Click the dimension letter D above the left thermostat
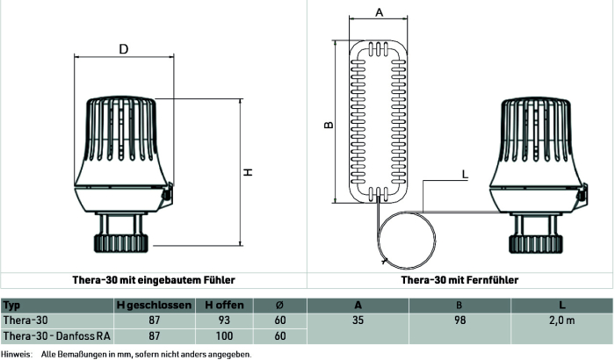124,49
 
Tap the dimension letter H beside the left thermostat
248,172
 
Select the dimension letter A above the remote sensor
379,12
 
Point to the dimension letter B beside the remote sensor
329,125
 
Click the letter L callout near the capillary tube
465,174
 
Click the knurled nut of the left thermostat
121,243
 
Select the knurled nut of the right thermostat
536,244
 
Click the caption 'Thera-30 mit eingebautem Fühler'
154,280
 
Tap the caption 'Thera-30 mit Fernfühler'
459,280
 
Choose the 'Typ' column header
11,306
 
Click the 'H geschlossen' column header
154,305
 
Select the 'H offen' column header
224,305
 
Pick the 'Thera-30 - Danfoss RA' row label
57,336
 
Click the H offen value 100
224,336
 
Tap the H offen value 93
224,320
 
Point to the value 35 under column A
358,320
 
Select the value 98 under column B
459,320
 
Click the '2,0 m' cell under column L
562,320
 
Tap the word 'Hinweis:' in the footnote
16,355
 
